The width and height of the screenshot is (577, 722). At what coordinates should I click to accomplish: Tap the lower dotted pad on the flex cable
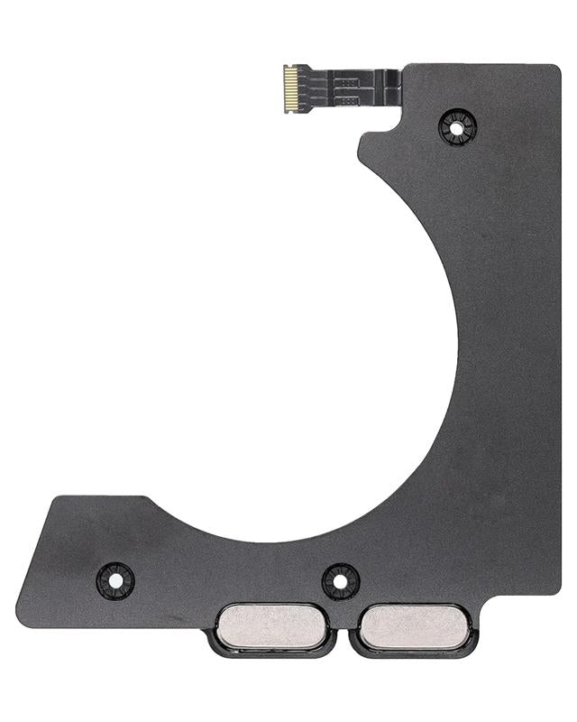(348, 96)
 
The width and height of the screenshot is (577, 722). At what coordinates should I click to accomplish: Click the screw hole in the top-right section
(456, 127)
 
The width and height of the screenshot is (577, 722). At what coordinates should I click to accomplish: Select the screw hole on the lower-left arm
(114, 579)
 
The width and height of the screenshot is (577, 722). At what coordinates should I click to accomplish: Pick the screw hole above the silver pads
(340, 581)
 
